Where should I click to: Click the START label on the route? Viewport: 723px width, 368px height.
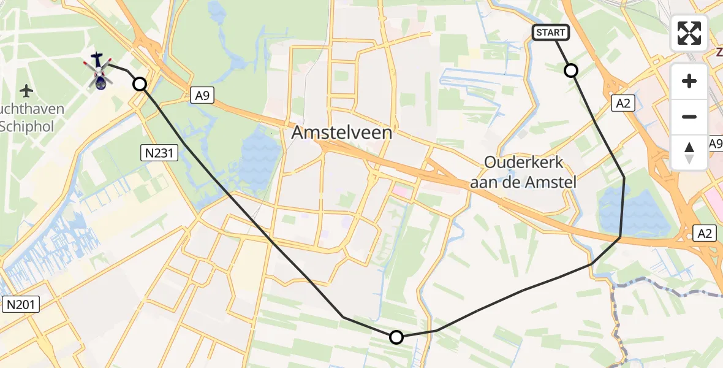pyautogui.click(x=551, y=33)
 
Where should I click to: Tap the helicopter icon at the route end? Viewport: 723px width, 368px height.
pyautogui.click(x=98, y=71)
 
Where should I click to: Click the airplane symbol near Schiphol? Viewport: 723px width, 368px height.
pyautogui.click(x=26, y=91)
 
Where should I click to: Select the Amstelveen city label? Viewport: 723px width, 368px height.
pyautogui.click(x=342, y=132)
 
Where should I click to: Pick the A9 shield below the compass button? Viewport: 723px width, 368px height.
pyautogui.click(x=715, y=144)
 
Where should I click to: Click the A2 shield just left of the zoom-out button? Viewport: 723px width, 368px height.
pyautogui.click(x=623, y=104)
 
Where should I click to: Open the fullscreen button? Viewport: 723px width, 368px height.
pyautogui.click(x=689, y=33)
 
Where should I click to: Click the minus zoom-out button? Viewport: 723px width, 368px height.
pyautogui.click(x=689, y=117)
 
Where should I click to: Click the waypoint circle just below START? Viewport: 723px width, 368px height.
pyautogui.click(x=571, y=71)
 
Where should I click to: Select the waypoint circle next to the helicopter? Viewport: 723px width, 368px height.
pyautogui.click(x=140, y=84)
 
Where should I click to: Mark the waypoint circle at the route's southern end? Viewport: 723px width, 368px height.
pyautogui.click(x=396, y=337)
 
